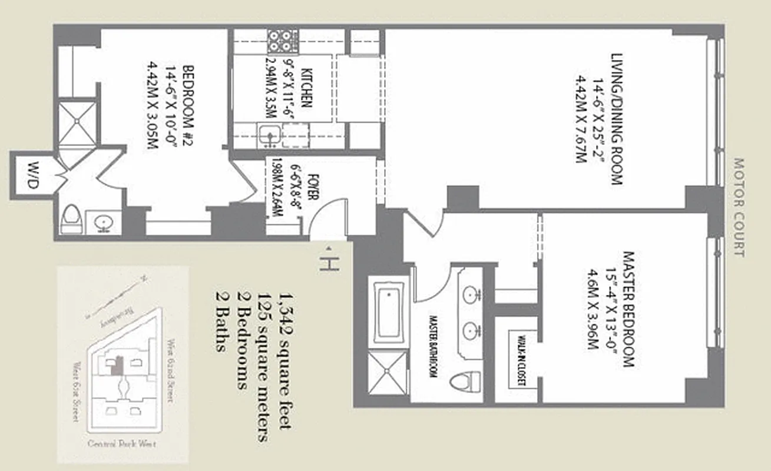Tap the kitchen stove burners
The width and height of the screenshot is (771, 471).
click(x=281, y=41)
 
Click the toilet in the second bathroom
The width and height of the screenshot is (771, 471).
click(x=71, y=220)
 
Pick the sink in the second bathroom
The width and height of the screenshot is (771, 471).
click(x=105, y=223)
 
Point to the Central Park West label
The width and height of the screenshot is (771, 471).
click(x=122, y=445)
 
